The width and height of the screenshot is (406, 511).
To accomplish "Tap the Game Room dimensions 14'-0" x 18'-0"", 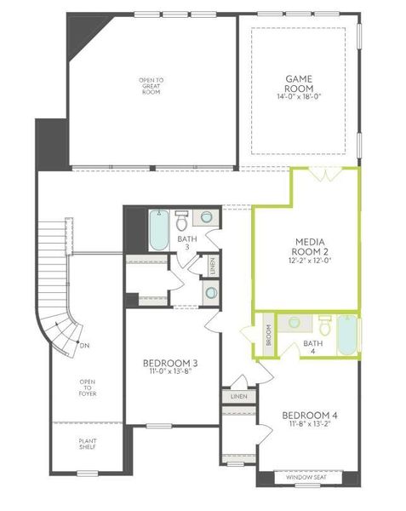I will click(x=300, y=97).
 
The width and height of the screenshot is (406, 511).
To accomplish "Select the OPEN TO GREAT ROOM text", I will click(x=150, y=86).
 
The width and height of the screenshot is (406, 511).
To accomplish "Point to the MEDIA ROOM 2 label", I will click(x=307, y=245).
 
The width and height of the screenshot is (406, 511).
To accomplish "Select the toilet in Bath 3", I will click(x=182, y=221).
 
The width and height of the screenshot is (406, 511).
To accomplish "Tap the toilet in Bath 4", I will click(x=324, y=324).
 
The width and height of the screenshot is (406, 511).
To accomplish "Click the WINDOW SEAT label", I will click(x=310, y=479).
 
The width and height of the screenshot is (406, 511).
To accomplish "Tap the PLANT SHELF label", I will click(x=87, y=445).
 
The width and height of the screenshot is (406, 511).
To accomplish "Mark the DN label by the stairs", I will click(x=84, y=345).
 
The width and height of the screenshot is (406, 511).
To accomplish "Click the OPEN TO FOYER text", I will click(x=88, y=388).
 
